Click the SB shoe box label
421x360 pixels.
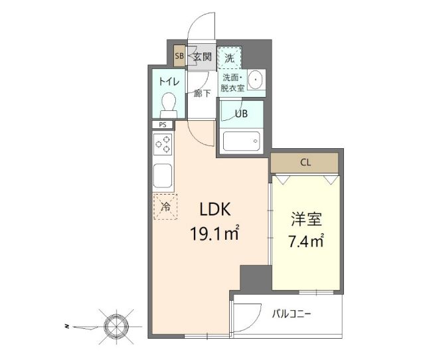click(179, 56)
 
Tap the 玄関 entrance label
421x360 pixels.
click(202, 56)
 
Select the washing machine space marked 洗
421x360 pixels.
click(229, 58)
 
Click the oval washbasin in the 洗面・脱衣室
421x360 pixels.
click(256, 80)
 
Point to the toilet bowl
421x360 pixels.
click(169, 105)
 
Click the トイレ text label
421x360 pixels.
click(169, 81)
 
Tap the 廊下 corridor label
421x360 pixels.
click(202, 94)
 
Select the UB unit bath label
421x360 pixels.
click(241, 114)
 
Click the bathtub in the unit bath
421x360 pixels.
click(241, 141)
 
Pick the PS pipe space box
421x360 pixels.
click(163, 125)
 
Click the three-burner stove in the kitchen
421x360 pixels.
click(163, 144)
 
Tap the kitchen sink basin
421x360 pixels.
click(163, 175)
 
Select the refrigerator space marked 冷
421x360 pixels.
click(165, 207)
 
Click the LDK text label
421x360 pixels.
click(215, 209)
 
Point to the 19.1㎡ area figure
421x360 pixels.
click(214, 232)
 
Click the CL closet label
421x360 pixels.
click(305, 162)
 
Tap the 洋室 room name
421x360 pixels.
click(306, 219)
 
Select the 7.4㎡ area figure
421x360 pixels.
click(306, 240)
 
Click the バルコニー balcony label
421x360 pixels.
click(292, 314)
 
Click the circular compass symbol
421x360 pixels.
click(116, 326)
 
